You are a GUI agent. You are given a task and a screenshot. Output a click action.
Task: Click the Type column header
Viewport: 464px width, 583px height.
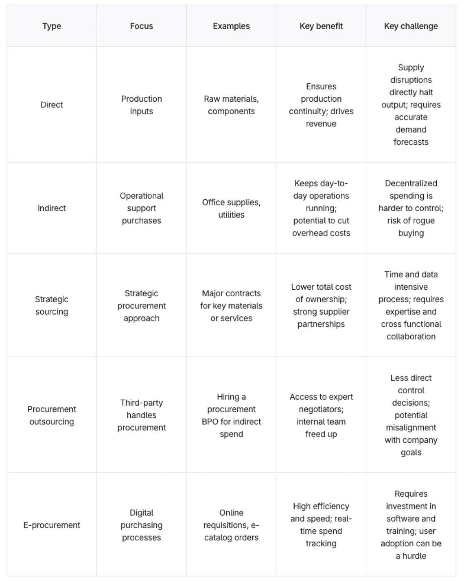tap(52, 26)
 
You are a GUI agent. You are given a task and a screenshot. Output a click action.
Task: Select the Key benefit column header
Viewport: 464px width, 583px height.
tap(321, 26)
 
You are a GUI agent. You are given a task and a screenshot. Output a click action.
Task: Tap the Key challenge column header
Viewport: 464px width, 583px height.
tap(411, 26)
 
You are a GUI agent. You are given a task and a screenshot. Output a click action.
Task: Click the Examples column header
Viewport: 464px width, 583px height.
tap(231, 26)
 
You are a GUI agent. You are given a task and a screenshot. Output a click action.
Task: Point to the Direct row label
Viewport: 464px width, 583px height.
tap(52, 105)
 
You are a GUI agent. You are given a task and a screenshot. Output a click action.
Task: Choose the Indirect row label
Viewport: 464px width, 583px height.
tap(52, 208)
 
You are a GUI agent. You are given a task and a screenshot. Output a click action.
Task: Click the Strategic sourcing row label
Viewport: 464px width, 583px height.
tap(52, 305)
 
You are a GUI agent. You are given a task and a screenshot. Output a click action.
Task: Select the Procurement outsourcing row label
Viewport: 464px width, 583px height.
tap(52, 415)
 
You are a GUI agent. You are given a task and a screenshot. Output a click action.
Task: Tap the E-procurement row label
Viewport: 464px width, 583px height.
tap(52, 525)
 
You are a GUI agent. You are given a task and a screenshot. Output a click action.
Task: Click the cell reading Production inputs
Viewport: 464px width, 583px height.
tap(141, 105)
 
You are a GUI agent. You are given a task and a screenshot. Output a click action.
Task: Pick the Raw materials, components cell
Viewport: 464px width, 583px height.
tap(231, 105)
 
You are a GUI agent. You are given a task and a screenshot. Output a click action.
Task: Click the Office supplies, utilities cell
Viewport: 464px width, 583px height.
tap(231, 208)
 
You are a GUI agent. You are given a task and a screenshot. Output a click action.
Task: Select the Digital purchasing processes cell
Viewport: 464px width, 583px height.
tap(141, 525)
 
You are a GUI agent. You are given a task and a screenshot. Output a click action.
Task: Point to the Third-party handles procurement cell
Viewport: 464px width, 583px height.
tap(141, 415)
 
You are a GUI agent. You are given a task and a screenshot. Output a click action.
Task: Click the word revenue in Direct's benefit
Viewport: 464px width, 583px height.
tap(321, 124)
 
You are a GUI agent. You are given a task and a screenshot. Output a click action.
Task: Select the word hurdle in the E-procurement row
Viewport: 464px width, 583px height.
tap(414, 556)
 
